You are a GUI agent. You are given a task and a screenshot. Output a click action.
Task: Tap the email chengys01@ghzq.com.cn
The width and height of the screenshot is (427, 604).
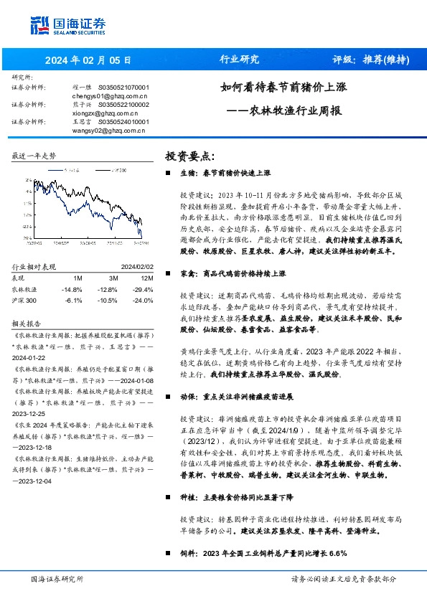click(110, 95)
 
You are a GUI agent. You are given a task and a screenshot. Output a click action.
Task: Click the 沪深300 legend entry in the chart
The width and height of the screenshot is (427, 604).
click(116, 170)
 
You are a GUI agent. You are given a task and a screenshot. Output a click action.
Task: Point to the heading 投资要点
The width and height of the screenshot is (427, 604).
click(189, 156)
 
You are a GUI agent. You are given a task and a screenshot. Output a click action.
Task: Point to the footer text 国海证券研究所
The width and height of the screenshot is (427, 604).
click(57, 579)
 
